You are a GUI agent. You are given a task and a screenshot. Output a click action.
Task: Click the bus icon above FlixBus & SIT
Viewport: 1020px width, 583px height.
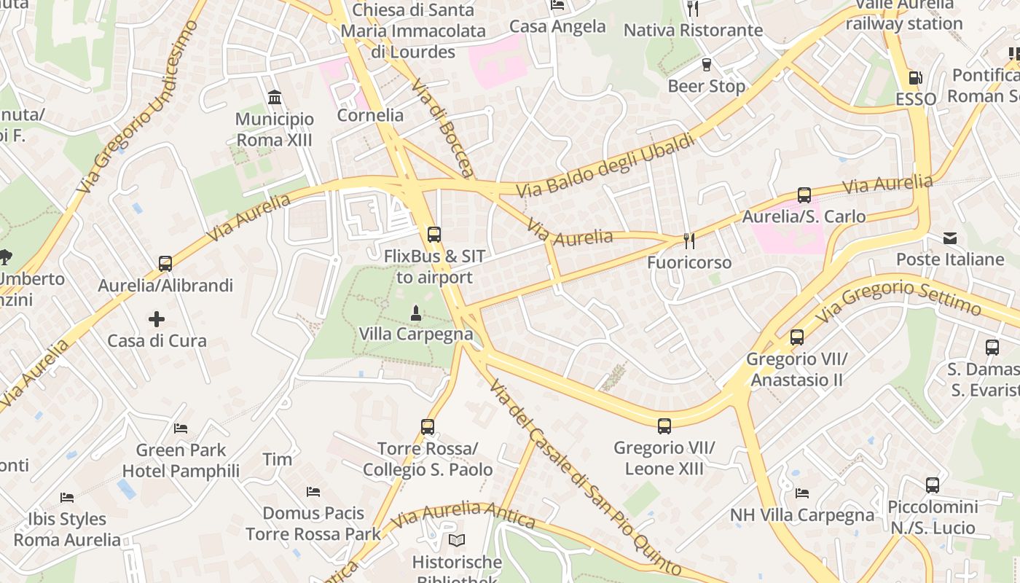(x=434, y=235)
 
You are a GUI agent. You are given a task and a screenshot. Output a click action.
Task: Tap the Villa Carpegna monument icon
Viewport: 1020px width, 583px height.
(x=415, y=313)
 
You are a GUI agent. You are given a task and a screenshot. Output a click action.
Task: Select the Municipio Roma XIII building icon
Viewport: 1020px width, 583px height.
(x=275, y=98)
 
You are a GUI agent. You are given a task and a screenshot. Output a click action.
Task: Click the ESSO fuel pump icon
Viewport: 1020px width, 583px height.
(x=914, y=78)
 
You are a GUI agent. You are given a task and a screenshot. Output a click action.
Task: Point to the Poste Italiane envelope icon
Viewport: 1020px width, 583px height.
(x=950, y=238)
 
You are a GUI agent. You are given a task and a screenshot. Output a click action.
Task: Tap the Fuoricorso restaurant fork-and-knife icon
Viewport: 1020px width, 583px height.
(x=688, y=240)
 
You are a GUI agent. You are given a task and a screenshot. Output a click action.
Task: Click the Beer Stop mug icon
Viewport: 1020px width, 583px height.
(x=706, y=65)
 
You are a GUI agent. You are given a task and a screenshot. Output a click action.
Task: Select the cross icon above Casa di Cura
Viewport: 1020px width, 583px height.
(x=157, y=319)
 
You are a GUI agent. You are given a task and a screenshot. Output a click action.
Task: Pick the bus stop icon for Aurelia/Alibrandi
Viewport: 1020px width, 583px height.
(x=165, y=264)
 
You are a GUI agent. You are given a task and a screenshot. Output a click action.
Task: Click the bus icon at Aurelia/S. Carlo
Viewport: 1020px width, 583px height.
(x=804, y=195)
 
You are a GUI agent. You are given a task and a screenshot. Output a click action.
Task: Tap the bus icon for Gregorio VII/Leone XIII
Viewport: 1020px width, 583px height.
(x=664, y=426)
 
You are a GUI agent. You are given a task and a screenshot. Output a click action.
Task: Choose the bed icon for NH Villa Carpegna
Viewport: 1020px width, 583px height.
(x=802, y=493)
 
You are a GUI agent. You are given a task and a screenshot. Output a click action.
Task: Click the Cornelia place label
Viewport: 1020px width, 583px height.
(x=370, y=115)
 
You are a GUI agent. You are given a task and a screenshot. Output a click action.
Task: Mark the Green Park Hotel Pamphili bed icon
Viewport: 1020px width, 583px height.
(x=181, y=429)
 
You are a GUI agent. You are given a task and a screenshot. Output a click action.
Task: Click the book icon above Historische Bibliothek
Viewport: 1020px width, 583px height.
(x=457, y=541)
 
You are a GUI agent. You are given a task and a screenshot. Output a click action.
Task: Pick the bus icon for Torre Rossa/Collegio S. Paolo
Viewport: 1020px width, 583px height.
(x=428, y=427)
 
